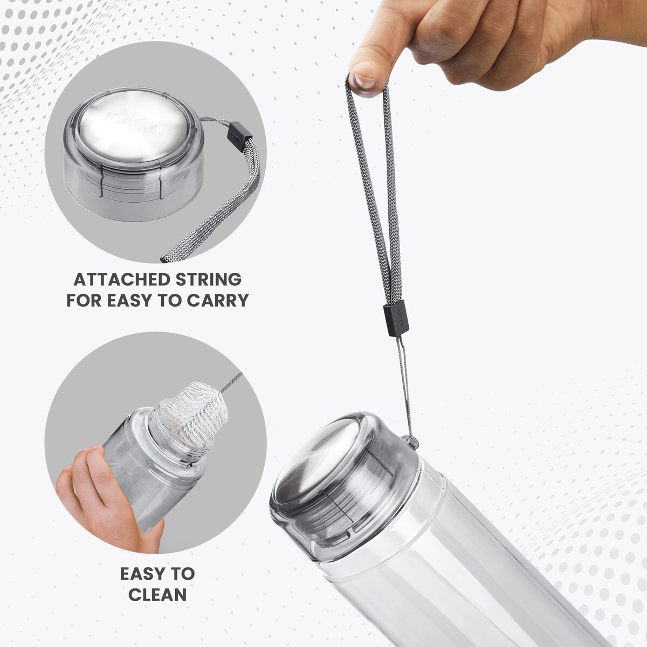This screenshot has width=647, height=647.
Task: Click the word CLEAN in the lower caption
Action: point(157,595)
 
